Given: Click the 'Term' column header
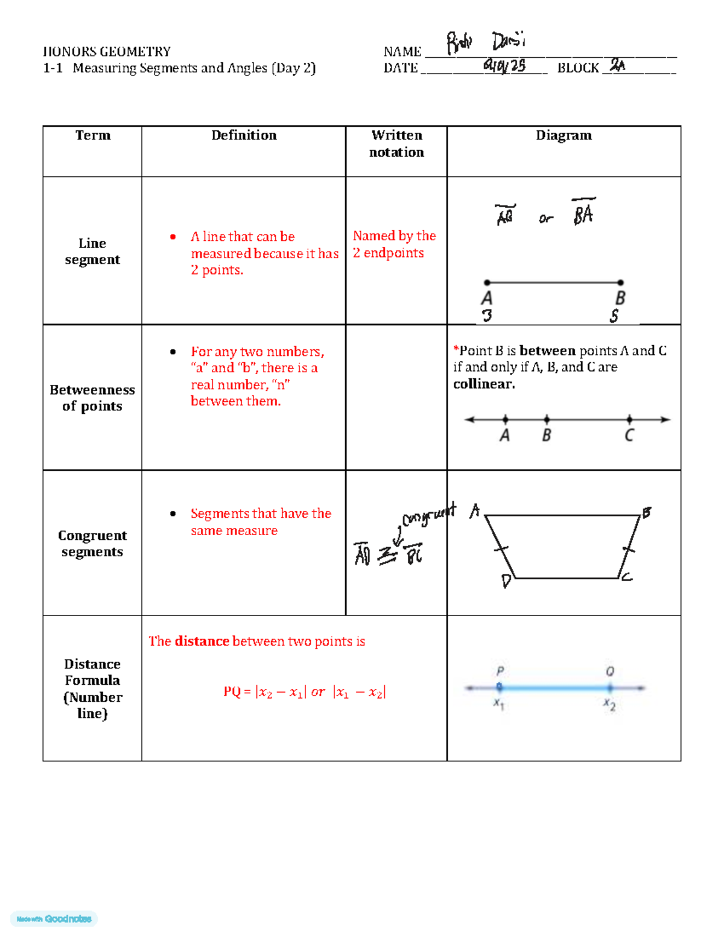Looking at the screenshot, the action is [93, 135].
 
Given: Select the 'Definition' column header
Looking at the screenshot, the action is [244, 135].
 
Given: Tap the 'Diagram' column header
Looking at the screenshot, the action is [564, 135].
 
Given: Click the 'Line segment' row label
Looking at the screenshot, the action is [92, 251].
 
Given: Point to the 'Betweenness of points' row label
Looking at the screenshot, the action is [92, 398].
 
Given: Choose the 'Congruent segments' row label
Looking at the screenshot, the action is [92, 544].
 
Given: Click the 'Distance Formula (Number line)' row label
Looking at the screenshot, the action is [92, 688].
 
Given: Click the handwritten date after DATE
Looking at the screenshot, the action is [504, 65].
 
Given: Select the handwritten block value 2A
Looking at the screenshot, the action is [617, 65].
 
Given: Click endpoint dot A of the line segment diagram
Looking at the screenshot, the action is [487, 282].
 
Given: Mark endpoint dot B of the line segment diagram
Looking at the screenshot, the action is [621, 282].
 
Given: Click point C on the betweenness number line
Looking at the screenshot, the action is [629, 419].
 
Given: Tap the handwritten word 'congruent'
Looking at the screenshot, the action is [429, 515].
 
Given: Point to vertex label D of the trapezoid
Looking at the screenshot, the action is [506, 581].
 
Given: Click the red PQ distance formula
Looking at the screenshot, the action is [305, 692].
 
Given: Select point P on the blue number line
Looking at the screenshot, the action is [499, 687].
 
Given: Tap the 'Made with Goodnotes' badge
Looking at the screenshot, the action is [54, 919].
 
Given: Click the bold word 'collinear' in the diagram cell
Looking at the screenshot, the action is [484, 384].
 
